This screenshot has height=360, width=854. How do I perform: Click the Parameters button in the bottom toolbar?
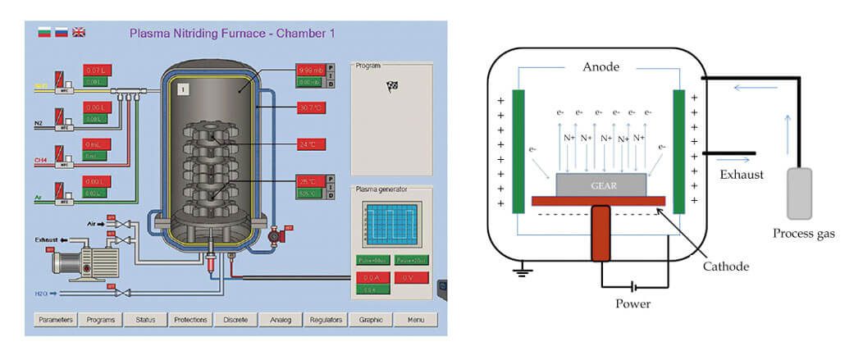[56, 320]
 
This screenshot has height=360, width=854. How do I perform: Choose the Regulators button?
[326, 320]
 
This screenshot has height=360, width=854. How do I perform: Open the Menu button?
[415, 320]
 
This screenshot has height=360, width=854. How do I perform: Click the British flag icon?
[79, 33]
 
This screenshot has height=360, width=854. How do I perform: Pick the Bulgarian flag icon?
[45, 33]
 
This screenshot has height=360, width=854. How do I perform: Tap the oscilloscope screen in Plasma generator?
[392, 222]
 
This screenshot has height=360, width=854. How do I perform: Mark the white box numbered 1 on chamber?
[185, 86]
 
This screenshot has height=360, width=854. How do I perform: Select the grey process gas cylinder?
[799, 194]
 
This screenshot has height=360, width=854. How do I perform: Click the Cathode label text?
[726, 266]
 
